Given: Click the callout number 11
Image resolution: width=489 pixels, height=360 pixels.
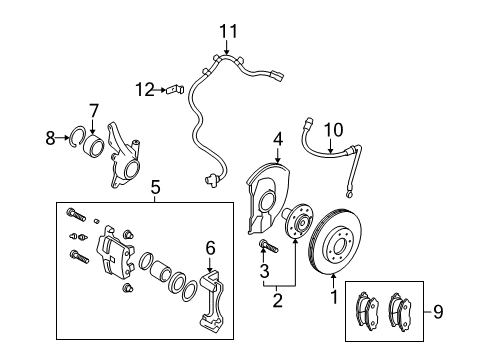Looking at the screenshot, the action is click(x=228, y=31).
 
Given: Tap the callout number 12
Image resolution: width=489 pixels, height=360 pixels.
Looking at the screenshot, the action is click(x=145, y=89).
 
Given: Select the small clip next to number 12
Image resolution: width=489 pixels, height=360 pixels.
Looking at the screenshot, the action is click(x=175, y=89).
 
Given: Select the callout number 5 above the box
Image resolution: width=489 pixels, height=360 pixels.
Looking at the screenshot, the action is click(x=155, y=187).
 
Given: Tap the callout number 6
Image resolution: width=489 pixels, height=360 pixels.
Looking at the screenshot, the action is click(x=211, y=248).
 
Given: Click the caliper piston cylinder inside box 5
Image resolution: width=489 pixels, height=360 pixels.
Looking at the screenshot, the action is click(x=161, y=270).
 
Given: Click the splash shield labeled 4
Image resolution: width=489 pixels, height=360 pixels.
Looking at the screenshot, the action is click(x=268, y=198).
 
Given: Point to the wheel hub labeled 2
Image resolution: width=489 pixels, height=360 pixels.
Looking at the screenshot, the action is click(x=298, y=221).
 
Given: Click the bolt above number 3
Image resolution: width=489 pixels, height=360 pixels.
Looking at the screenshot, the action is click(x=268, y=246).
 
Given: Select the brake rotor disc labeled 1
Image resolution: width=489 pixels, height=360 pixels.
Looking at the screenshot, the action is click(x=335, y=241).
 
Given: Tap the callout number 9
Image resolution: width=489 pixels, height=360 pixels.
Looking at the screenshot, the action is click(x=438, y=311).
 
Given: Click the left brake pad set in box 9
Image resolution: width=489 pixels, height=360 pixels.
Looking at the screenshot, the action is click(x=368, y=310).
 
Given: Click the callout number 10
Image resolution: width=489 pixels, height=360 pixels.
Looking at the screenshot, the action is click(x=333, y=129).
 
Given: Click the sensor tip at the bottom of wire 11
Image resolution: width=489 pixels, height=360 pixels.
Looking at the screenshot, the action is click(x=211, y=180).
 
